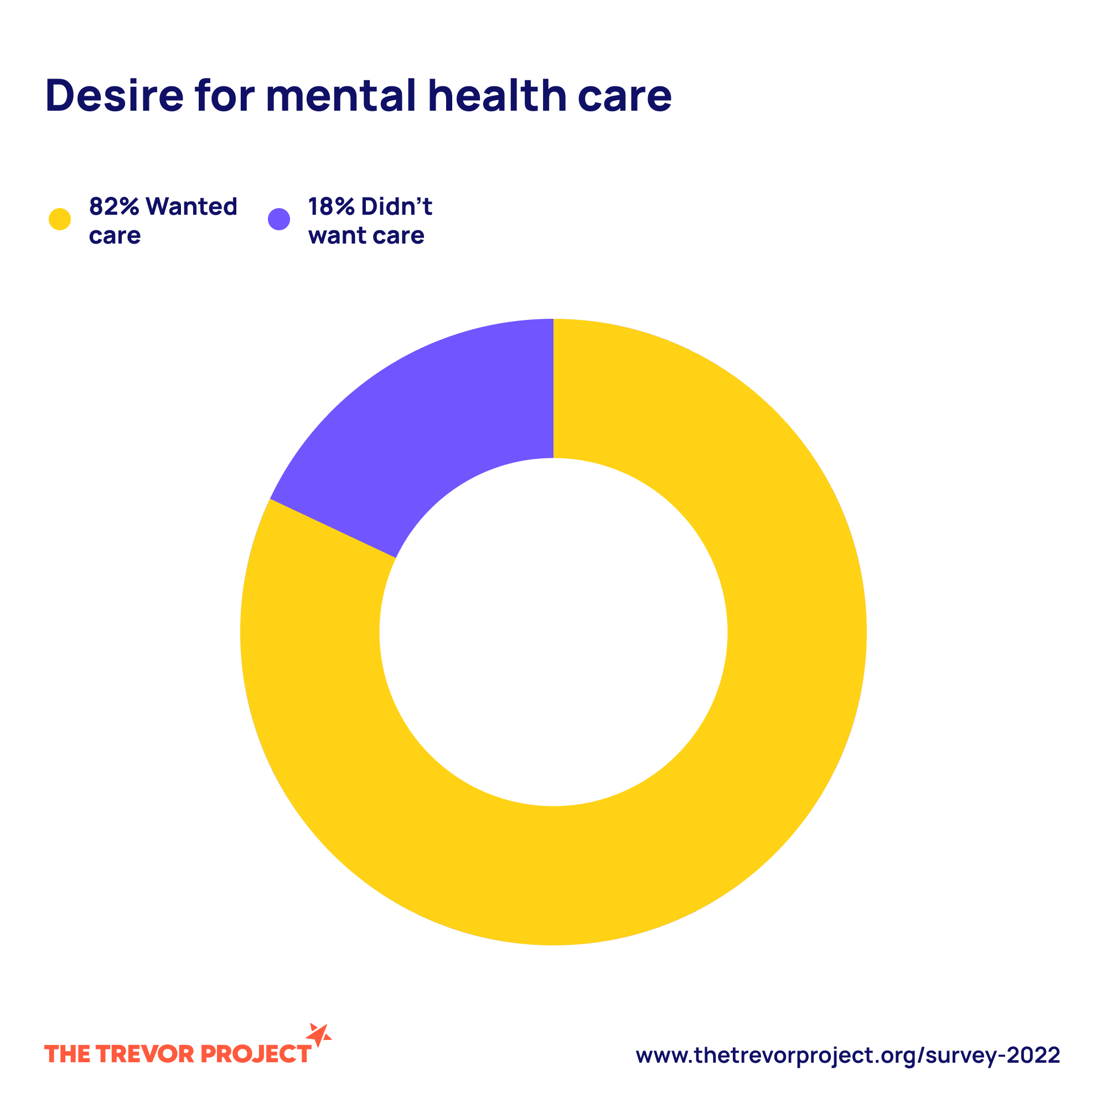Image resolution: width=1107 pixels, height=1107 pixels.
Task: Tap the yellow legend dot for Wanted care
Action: tap(60, 219)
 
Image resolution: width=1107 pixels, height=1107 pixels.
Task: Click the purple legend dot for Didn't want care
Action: tap(279, 219)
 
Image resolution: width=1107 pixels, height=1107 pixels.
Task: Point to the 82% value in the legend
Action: tap(114, 206)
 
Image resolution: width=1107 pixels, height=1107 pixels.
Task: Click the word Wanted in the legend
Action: tap(192, 206)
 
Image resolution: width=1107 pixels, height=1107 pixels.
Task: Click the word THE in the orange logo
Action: tap(66, 1054)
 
